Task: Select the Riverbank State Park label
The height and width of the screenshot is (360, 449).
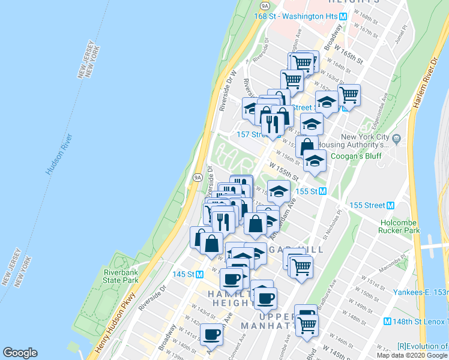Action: click(x=120, y=276)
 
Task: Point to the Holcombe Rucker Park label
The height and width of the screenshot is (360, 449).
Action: click(x=399, y=226)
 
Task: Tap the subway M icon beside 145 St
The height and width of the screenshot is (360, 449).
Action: click(x=199, y=274)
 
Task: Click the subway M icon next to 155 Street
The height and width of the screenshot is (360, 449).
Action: click(x=391, y=205)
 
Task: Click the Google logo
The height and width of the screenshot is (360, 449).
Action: click(x=20, y=353)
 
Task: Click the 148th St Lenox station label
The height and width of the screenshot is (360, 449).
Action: click(x=420, y=321)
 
